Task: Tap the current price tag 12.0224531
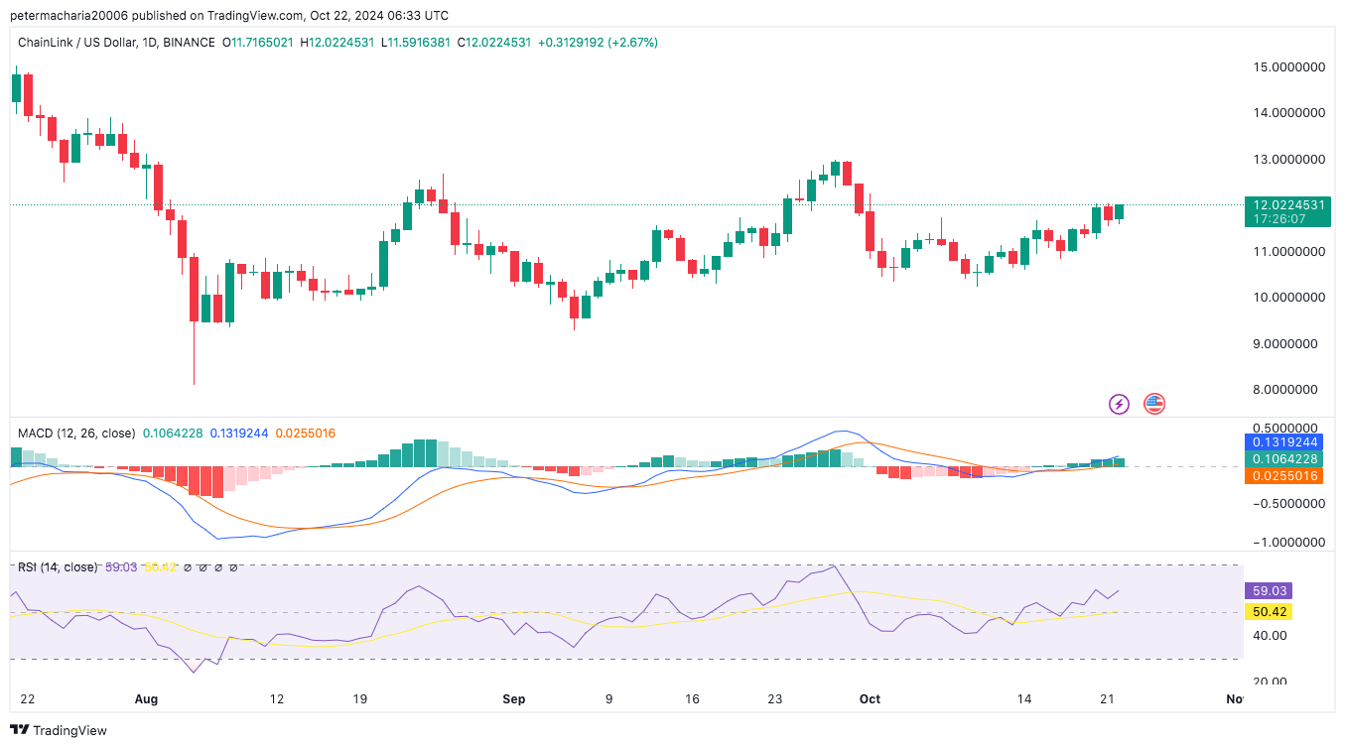(x=1286, y=205)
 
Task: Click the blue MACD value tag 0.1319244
(x=1286, y=442)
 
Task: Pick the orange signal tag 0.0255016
(x=1286, y=475)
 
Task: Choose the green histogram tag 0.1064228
(x=1286, y=458)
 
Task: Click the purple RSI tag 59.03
(x=1267, y=590)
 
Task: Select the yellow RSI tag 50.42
(x=1267, y=612)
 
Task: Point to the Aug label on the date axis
(x=146, y=698)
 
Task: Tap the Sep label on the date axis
(x=513, y=698)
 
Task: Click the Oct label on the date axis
(x=870, y=698)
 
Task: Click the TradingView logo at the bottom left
(x=60, y=730)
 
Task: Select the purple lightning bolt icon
(x=1119, y=404)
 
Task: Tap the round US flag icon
(x=1153, y=404)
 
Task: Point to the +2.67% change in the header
(x=633, y=43)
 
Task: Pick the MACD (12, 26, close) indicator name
(x=76, y=433)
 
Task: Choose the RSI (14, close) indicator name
(x=58, y=567)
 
